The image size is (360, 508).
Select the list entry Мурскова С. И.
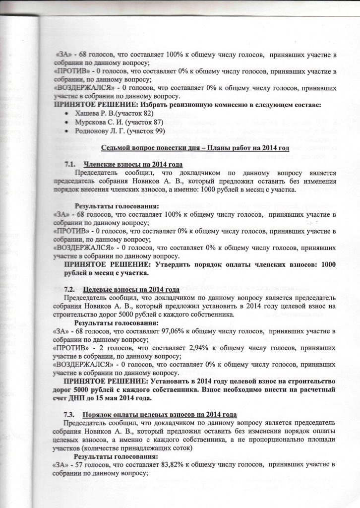(98, 122)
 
